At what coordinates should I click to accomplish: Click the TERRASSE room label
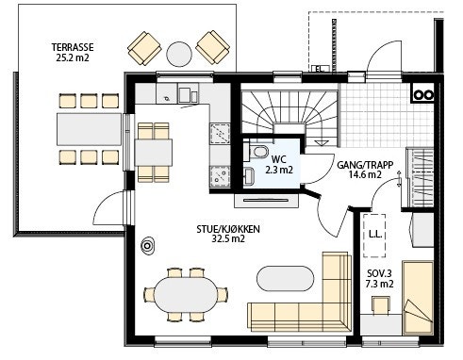click(73, 47)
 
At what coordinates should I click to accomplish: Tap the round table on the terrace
click(179, 54)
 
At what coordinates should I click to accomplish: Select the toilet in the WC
click(257, 151)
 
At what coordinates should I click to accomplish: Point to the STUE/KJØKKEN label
click(228, 229)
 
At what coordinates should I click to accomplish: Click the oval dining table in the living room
click(186, 295)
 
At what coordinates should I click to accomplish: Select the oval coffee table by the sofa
click(286, 279)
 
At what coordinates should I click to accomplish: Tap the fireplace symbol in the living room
click(147, 246)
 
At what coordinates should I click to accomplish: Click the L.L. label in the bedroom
click(375, 234)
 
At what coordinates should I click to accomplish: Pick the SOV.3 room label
click(379, 273)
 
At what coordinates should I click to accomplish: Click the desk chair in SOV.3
click(381, 304)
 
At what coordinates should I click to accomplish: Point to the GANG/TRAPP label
click(365, 165)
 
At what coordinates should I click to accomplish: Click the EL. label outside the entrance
click(320, 69)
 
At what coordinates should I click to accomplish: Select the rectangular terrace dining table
click(89, 129)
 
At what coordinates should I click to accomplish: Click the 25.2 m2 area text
click(73, 57)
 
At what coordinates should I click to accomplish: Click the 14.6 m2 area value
click(365, 174)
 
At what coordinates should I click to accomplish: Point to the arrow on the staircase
click(321, 142)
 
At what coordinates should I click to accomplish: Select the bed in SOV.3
click(418, 298)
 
